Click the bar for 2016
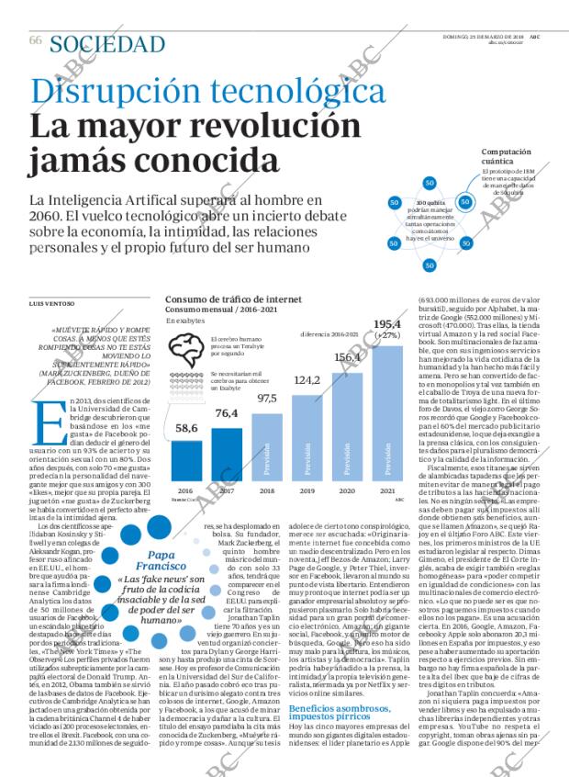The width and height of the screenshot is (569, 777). click(x=186, y=459)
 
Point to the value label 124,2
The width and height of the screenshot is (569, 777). click(x=307, y=380)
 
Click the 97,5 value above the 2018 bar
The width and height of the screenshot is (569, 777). click(x=267, y=398)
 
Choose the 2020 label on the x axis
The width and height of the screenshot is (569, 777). click(x=347, y=491)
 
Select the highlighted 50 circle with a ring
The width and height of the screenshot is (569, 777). click(x=465, y=201)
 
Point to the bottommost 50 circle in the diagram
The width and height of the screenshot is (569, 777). click(x=430, y=265)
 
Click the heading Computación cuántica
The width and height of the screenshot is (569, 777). click(x=508, y=157)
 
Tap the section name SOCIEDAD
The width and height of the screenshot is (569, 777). click(x=107, y=43)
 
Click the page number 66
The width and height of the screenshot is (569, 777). click(x=36, y=40)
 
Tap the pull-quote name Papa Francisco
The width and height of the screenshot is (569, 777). click(x=149, y=561)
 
